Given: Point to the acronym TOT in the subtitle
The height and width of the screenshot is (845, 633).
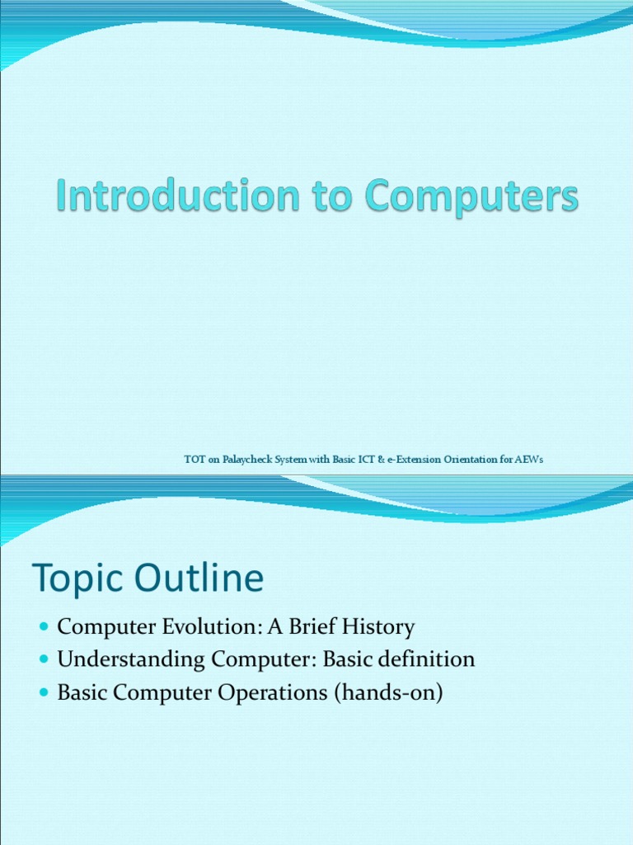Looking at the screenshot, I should [x=195, y=460].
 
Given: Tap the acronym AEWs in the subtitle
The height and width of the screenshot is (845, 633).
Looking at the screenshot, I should [x=529, y=460].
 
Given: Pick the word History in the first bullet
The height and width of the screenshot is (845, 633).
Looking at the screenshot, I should [x=378, y=628].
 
